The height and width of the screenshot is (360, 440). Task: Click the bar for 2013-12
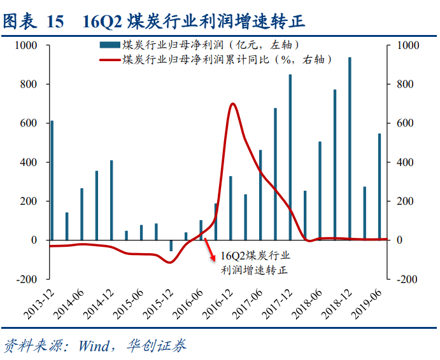click(x=52, y=180)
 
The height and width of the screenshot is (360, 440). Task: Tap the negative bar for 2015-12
click(x=171, y=246)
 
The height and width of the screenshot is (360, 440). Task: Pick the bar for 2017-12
click(x=290, y=157)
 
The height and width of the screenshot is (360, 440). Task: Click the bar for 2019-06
click(x=380, y=186)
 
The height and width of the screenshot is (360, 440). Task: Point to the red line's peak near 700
click(x=232, y=104)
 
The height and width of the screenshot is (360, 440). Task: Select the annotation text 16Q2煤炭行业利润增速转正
click(x=254, y=263)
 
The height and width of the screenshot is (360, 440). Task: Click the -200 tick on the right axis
click(x=408, y=279)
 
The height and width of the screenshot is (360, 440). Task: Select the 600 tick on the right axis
click(x=406, y=123)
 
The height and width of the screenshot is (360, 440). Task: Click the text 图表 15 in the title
click(x=33, y=22)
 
